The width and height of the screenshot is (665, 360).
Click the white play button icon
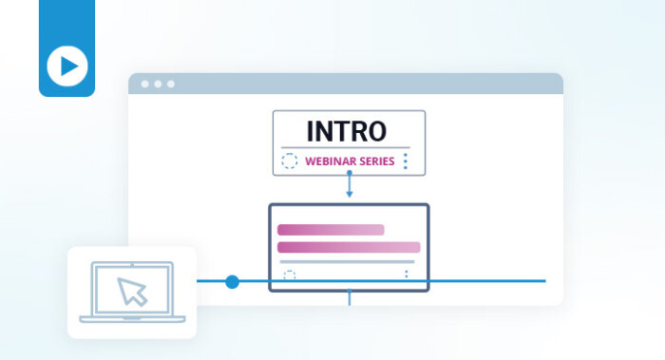pos(66,66)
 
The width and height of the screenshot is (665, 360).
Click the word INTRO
pos(349,131)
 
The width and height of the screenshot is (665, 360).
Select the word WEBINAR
pos(329,161)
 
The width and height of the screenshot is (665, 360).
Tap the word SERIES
pos(376,161)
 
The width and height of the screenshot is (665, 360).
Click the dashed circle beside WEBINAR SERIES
pos(290,161)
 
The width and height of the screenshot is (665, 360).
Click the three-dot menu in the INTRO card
pos(406,161)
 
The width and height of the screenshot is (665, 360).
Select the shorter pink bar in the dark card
pos(330,230)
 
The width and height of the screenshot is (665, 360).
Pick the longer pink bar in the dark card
pos(348,247)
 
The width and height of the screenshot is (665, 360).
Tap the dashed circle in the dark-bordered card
pos(290,275)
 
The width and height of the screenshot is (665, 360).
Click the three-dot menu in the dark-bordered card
pos(406,275)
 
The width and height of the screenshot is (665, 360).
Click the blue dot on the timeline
pos(232,281)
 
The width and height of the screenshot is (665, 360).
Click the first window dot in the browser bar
pos(145,84)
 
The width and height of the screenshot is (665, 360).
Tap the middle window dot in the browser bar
pos(158,84)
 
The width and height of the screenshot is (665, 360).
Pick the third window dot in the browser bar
pos(171,84)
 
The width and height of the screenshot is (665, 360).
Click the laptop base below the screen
pos(132,319)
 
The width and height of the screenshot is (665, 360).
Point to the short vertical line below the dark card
pos(349,298)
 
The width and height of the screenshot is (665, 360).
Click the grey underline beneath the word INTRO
pos(349,147)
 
